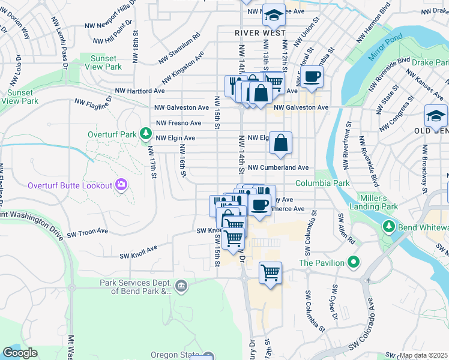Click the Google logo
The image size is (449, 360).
click(x=20, y=353)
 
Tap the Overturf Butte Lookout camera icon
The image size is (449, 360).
click(x=122, y=185)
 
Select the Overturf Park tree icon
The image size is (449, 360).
click(x=145, y=133)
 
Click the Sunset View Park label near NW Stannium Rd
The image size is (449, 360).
click(x=106, y=62)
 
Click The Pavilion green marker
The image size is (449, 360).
click(x=354, y=263)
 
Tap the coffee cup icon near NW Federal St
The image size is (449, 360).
click(x=312, y=76)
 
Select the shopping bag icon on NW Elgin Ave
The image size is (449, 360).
click(x=280, y=143)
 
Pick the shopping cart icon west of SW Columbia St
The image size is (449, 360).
click(x=271, y=274)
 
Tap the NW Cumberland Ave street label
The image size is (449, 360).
click(x=278, y=168)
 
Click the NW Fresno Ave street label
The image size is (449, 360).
click(x=178, y=123)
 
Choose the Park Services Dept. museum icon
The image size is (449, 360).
click(x=182, y=287)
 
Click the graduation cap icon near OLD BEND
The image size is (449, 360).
click(x=435, y=115)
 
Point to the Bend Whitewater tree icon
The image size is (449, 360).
click(x=388, y=226)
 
